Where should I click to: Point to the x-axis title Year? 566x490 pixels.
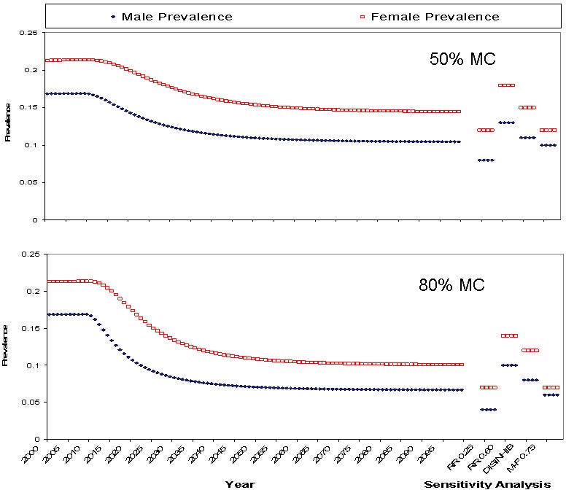point(240,483)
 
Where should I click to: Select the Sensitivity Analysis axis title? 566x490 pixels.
point(487,483)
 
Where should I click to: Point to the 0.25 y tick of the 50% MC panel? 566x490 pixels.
point(28,34)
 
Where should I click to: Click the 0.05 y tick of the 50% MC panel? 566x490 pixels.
point(28,183)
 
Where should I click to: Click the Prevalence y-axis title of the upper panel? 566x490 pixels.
point(8,127)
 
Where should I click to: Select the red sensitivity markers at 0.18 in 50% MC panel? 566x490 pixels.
point(506,85)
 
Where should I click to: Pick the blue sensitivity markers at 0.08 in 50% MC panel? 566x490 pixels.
point(485,160)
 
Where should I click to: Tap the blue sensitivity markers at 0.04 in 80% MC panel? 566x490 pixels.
point(488,410)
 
